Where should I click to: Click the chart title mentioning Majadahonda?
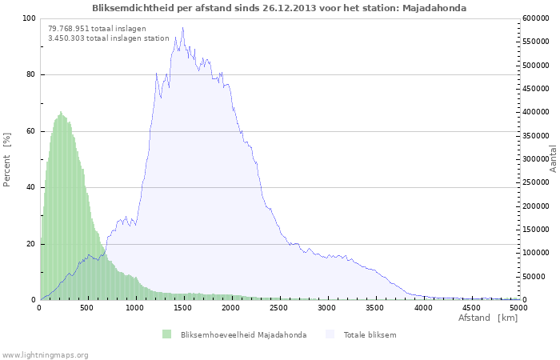[279, 7]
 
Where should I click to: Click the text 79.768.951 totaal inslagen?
[97, 28]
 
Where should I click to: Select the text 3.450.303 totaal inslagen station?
[109, 38]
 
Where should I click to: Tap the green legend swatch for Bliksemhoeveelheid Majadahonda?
[166, 334]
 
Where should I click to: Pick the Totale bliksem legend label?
[370, 334]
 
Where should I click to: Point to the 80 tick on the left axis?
[30, 75]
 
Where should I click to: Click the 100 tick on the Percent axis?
[28, 18]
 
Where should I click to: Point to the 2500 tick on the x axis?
[279, 307]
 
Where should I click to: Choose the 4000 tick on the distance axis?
[423, 307]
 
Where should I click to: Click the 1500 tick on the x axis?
[182, 307]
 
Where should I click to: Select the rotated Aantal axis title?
[553, 158]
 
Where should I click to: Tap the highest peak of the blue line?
[182, 27]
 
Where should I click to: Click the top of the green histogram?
[61, 112]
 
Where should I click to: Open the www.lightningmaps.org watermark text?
[45, 354]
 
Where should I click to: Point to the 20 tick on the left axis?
[30, 244]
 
